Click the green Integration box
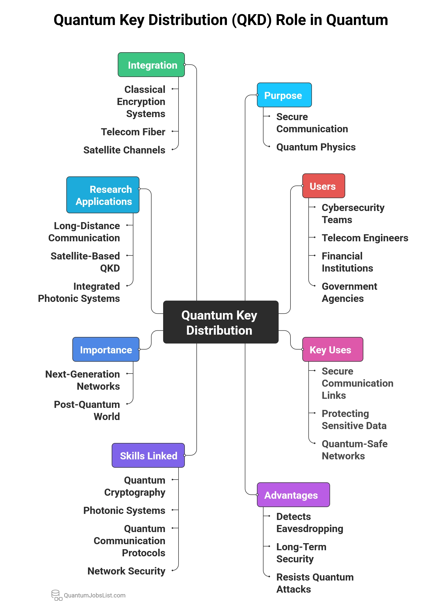[151, 65]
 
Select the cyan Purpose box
[284, 95]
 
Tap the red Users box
[323, 186]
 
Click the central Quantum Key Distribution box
[220, 322]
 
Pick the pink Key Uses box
[332, 349]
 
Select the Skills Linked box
[148, 455]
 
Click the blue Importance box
[106, 349]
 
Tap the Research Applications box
[103, 195]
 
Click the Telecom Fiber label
[133, 132]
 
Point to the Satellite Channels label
[124, 150]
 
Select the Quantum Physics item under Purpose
[316, 147]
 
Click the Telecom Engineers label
[365, 238]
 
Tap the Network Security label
[126, 571]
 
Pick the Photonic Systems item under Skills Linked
[124, 510]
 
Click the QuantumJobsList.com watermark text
[95, 595]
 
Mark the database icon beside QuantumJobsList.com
[56, 595]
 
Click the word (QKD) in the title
[252, 20]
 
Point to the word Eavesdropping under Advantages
[310, 529]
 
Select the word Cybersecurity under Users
[353, 208]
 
